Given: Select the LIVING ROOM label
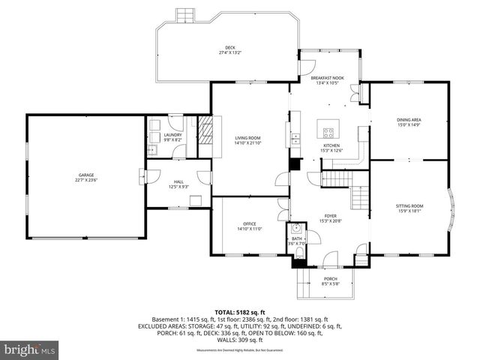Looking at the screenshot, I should point(247,138).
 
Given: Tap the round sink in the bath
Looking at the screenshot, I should point(296,229).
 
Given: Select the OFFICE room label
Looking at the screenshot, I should point(249,224).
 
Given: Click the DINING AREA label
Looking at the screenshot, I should point(409,120).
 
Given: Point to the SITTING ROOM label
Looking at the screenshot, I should point(409,205).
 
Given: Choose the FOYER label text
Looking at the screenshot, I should point(330,215).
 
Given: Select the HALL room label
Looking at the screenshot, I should point(178,181).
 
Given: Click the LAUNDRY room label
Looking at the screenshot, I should point(174,135).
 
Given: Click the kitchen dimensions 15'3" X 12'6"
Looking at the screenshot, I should point(331,151).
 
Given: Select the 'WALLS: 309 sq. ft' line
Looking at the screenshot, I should point(240,340).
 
